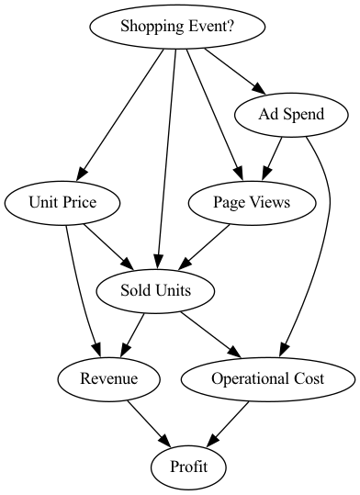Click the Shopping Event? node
pos(177,27)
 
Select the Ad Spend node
pos(279,115)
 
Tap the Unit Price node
pos(63,203)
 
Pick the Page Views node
pos(252,203)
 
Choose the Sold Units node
pos(155,291)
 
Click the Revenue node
pos(108,379)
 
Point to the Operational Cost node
pos(266,379)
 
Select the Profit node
pos(188,467)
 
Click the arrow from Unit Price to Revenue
pos(81,285)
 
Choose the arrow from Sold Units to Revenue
pos(134,332)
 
